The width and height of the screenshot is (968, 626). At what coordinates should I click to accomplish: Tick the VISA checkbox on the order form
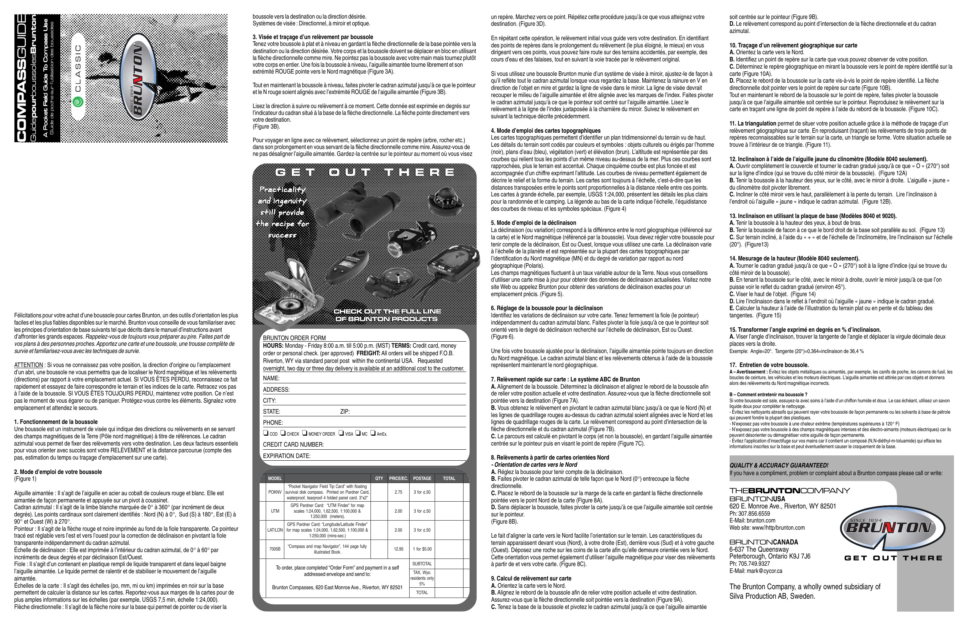(341, 433)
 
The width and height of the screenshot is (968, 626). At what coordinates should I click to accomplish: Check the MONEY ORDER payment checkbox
(304, 433)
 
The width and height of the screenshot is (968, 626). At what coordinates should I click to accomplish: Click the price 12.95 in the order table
(398, 549)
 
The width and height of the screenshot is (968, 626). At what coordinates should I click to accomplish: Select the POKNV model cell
(275, 492)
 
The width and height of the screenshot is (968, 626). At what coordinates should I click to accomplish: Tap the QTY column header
(379, 479)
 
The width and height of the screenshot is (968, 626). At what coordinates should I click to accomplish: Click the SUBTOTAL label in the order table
(422, 564)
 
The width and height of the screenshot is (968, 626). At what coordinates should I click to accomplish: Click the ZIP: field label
(345, 411)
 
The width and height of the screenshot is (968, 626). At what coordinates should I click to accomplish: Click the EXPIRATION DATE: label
(286, 456)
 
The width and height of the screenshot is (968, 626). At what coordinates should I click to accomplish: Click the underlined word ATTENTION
(28, 365)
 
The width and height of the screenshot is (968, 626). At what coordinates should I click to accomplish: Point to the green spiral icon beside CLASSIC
(77, 102)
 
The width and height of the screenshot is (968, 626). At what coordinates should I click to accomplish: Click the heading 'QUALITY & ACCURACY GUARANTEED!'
(779, 466)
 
